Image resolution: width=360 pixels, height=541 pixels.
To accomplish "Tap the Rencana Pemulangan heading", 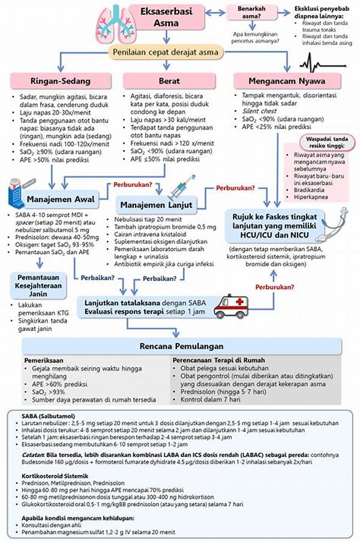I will pyautogui.click(x=182, y=346).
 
